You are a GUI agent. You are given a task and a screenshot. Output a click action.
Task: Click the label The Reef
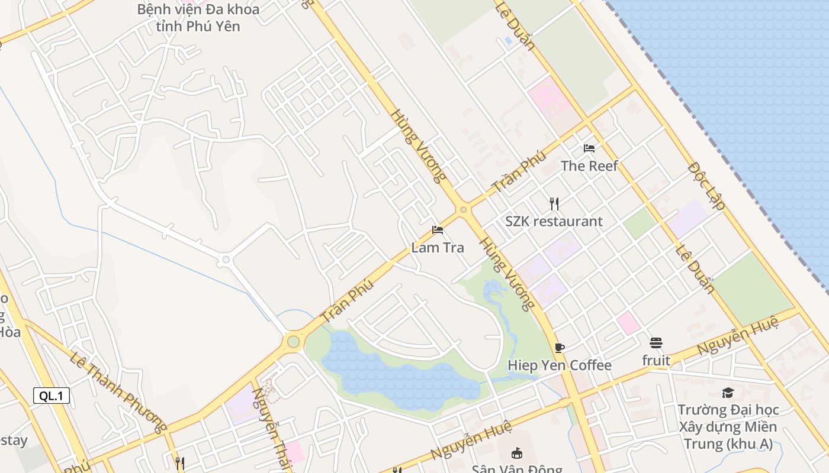[589, 166]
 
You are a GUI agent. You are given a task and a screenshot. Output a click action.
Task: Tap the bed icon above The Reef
[589, 148]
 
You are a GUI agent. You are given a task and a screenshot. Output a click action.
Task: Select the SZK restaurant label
[554, 222]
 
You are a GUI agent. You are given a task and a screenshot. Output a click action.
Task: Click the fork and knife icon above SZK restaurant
[554, 204]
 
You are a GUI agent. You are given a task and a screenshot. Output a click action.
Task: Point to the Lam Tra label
[438, 248]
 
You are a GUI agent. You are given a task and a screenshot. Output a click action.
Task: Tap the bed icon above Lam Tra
[438, 229]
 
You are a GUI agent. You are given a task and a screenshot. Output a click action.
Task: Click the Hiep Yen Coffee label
[559, 365]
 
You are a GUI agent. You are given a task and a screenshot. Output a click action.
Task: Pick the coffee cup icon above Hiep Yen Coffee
[560, 348]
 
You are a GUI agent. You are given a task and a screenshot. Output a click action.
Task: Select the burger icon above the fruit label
[656, 343]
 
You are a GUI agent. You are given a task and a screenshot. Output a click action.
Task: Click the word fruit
[656, 361]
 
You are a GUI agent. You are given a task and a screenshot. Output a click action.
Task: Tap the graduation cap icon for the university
[728, 393]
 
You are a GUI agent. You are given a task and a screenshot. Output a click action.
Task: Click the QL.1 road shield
[52, 396]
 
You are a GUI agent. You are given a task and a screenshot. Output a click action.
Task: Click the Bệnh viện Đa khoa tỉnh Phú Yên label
[198, 18]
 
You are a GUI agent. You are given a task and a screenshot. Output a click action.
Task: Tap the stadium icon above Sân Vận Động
[516, 453]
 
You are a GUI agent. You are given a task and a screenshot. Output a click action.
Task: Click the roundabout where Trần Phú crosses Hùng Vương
[463, 209]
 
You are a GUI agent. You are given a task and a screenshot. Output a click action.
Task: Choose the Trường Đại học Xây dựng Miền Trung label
[728, 427]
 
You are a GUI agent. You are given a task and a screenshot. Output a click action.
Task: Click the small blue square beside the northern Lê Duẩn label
[508, 41]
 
